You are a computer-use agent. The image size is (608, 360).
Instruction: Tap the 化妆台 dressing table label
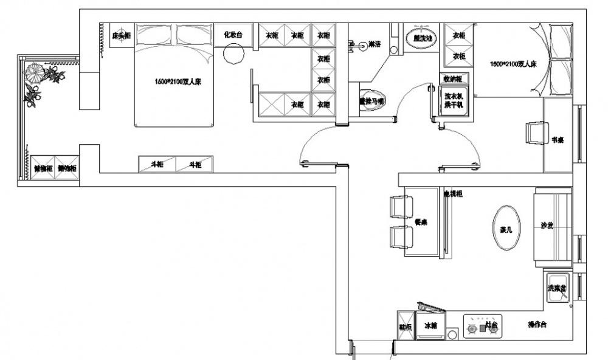pos(233,35)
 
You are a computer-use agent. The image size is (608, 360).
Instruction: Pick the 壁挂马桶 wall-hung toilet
pos(371,101)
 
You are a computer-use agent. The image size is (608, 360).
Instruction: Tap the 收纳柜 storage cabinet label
pos(452,78)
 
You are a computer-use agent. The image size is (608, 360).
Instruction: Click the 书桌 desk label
pos(558,140)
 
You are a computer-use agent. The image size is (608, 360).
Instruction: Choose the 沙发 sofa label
pos(547,226)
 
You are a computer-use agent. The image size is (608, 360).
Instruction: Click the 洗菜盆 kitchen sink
pos(557,287)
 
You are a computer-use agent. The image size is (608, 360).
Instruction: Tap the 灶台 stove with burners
pos(484,326)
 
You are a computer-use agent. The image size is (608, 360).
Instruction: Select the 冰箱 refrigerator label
pos(431,326)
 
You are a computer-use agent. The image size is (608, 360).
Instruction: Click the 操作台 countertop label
pos(537,325)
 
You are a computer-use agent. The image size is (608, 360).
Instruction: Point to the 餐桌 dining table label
pos(421,222)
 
